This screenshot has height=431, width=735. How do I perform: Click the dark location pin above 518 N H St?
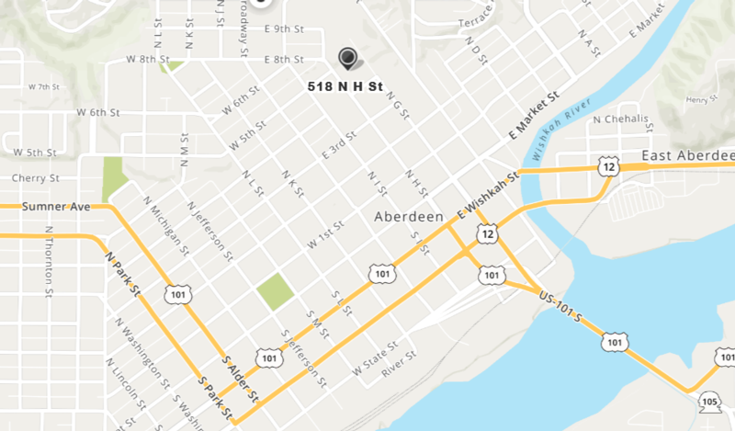348,58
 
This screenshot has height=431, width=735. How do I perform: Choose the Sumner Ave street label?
57,207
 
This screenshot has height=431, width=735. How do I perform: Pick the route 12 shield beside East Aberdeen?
606,166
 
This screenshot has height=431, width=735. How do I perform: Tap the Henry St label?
700,99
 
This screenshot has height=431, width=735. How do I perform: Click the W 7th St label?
43,86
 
